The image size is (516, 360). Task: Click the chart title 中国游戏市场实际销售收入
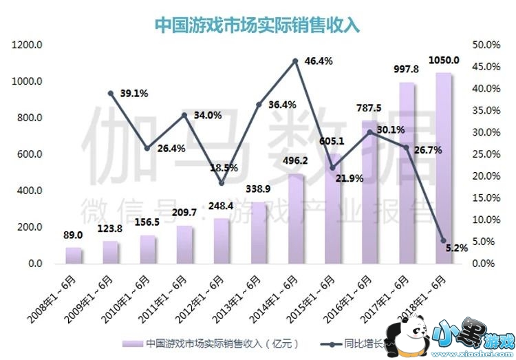pos(257,24)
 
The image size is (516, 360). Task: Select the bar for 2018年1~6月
pos(443,169)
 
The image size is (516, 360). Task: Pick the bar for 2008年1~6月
pos(74,255)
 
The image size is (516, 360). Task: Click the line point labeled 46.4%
pos(295,61)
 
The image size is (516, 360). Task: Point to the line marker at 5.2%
pos(443,241)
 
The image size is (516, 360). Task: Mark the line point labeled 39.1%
pos(110,93)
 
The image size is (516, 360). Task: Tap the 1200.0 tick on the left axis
pos(28,45)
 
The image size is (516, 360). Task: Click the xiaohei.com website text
pos(475,352)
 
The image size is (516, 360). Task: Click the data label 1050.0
pos(444,60)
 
